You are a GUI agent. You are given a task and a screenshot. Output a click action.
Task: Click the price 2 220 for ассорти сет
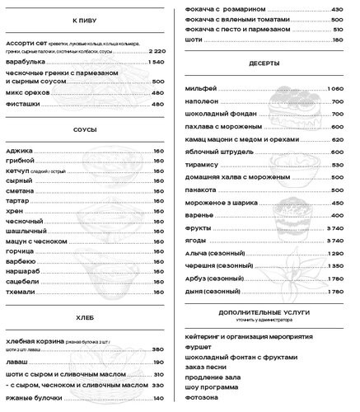click(158, 51)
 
